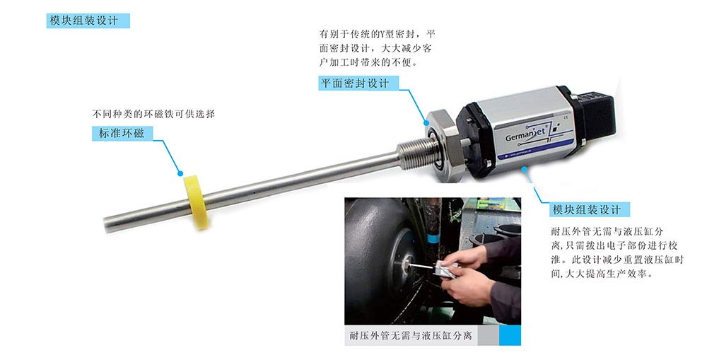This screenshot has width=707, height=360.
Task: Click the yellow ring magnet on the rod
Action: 196,202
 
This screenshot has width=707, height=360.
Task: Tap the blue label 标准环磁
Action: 122,134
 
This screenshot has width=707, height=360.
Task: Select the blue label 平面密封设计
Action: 359,83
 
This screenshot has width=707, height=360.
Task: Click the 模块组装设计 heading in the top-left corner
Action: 88,21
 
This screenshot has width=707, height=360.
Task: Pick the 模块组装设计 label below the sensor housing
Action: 590,209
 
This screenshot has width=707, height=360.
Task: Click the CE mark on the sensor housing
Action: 566,118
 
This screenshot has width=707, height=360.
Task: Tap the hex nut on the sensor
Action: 443,144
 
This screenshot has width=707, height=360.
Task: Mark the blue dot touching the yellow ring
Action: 180,173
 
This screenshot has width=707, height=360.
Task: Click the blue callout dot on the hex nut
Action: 426,122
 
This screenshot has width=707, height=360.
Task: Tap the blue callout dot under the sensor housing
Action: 524,170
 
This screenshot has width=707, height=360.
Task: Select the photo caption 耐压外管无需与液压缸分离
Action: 411,336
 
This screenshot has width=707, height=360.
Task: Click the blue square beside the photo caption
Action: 510,335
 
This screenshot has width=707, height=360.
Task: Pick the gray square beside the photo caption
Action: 489,335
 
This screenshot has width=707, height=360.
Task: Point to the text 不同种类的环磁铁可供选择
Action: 153,114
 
